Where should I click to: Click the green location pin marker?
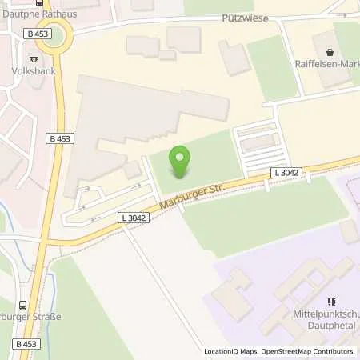click(180, 159)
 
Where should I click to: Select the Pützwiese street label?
click(245, 17)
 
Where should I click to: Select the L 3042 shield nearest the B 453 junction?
click(134, 218)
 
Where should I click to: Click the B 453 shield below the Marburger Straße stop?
click(26, 343)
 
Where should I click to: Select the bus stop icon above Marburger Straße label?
click(22, 305)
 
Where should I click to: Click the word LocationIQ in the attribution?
click(219, 351)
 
